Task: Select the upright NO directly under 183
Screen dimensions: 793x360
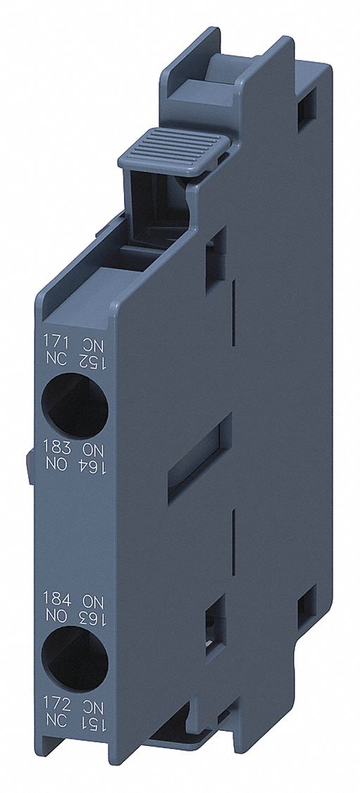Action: coord(54,463)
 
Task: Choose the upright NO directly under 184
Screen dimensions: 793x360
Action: coord(54,615)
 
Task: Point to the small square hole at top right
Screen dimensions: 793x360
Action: coord(307,105)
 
